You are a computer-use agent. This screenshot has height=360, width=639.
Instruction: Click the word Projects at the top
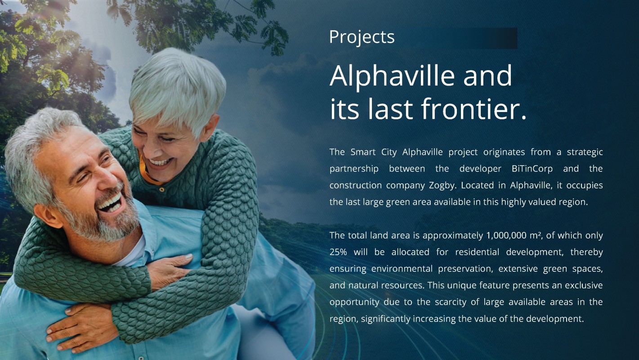[x=362, y=37]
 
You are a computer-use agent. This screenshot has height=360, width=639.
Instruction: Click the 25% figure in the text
[x=338, y=252]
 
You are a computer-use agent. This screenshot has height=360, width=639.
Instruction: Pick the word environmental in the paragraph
[x=402, y=269]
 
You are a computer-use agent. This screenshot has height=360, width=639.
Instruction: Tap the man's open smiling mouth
[x=111, y=203]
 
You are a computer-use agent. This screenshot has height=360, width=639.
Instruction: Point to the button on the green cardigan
[x=162, y=189]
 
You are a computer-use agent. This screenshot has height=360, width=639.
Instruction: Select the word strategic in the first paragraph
[x=585, y=153]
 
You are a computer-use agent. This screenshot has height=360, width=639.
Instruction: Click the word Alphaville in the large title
[x=392, y=76]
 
